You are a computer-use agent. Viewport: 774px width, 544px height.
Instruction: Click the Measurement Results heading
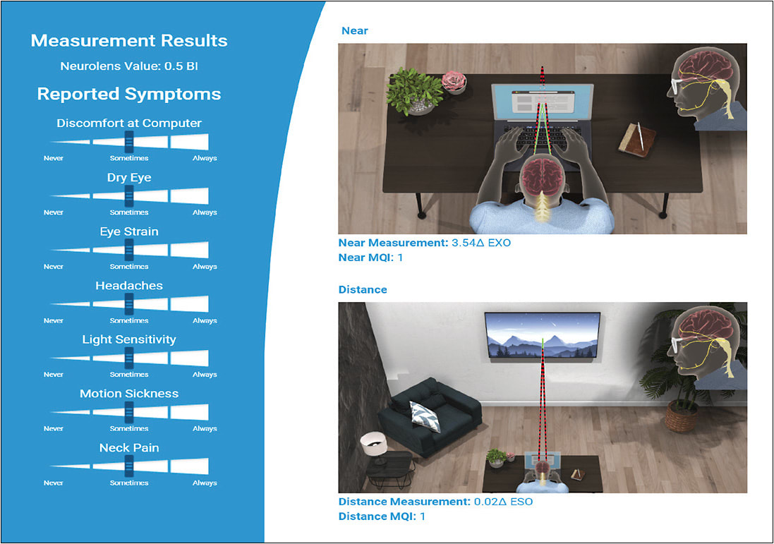[x=129, y=40]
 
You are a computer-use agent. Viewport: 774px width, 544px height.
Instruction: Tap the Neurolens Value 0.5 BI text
[x=129, y=67]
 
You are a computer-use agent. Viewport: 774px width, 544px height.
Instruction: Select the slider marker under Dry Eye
[x=129, y=195]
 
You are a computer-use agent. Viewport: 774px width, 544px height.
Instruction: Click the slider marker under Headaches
[x=129, y=304]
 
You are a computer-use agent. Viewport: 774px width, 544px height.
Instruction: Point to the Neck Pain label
[x=129, y=447]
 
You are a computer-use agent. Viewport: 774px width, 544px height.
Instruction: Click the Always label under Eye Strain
[x=205, y=267]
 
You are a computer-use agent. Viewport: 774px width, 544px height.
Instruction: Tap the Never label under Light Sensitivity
[x=54, y=375]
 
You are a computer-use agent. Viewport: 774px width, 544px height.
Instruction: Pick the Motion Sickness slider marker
[x=129, y=412]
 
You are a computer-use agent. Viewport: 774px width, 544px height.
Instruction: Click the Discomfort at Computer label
[x=129, y=123]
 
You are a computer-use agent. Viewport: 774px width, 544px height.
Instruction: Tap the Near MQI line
[x=372, y=258]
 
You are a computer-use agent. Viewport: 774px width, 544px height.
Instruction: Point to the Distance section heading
[x=363, y=289]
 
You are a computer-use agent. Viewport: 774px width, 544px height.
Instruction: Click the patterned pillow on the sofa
[x=425, y=415]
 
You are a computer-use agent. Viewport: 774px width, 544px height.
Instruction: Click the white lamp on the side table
[x=375, y=442]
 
